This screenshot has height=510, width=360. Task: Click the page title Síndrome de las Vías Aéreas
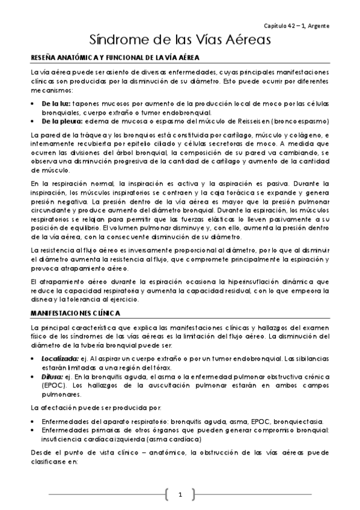[x=179, y=40]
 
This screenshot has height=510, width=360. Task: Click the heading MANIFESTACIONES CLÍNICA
[x=75, y=313]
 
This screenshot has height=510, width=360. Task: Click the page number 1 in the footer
[x=179, y=494]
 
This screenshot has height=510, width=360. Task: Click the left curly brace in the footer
[x=166, y=494]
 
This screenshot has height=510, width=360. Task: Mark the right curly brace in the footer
[x=193, y=494]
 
